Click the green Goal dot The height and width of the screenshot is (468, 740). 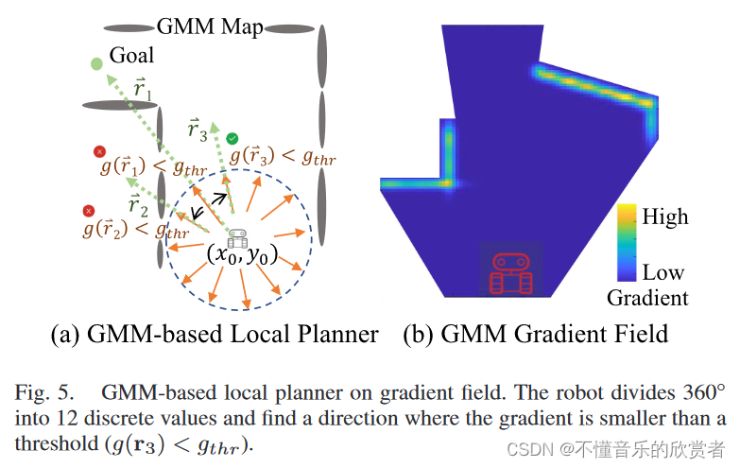(96, 64)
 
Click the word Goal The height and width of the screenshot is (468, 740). (131, 55)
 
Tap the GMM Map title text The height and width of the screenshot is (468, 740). (210, 26)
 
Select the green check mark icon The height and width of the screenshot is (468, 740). (232, 139)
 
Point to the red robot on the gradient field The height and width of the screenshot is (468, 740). (511, 271)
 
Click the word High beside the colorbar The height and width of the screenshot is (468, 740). (664, 217)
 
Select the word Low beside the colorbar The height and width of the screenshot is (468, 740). (663, 273)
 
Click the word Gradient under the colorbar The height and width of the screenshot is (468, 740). (647, 299)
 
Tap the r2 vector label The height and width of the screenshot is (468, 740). (138, 204)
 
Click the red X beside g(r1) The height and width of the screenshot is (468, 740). (98, 151)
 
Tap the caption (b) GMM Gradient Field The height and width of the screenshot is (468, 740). (536, 333)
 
